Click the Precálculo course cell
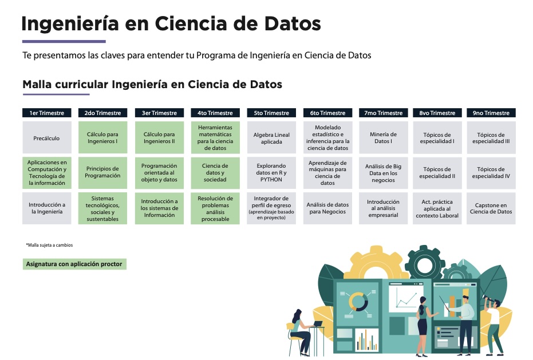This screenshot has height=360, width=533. tap(47, 138)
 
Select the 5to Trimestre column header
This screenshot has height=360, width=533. tap(271, 113)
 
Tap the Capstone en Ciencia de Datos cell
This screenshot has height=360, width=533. tap(491, 208)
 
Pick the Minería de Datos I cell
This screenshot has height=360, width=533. tap(383, 138)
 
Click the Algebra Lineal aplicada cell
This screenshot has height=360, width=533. tap(271, 138)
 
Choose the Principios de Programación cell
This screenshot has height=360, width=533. tap(102, 173)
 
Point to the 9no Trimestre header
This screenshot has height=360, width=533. tap(491, 113)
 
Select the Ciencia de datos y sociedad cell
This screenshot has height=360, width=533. tap(215, 173)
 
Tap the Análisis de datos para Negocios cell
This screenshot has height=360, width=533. tap(327, 208)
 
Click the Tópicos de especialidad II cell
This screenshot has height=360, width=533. tap(437, 173)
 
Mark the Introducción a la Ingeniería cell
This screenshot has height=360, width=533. tap(47, 208)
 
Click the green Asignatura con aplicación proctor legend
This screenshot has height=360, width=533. tap(74, 264)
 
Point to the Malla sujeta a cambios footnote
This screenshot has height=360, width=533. tap(49, 245)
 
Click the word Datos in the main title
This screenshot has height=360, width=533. tap(293, 24)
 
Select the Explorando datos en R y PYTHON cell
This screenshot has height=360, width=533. tap(271, 173)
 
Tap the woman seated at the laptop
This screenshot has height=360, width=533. tap(300, 331)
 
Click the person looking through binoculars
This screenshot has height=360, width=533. tap(493, 326)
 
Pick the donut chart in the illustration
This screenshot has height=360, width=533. tap(358, 302)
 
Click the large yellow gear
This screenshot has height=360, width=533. tap(376, 263)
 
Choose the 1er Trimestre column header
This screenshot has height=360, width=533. tap(47, 113)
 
